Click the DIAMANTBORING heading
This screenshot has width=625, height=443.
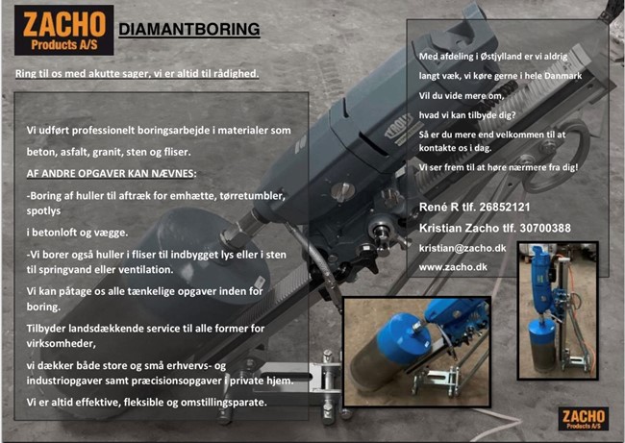click(189, 30)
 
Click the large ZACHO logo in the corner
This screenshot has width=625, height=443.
click(64, 31)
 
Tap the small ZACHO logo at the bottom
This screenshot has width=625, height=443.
click(583, 418)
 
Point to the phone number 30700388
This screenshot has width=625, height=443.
click(545, 228)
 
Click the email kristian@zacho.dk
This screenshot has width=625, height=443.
click(462, 248)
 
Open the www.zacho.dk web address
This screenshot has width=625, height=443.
click(453, 267)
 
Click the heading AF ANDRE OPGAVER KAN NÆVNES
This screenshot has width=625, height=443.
click(112, 174)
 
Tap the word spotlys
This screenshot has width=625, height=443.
click(44, 210)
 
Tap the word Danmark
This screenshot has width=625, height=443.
click(562, 76)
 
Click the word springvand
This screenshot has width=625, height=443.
click(66, 270)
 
